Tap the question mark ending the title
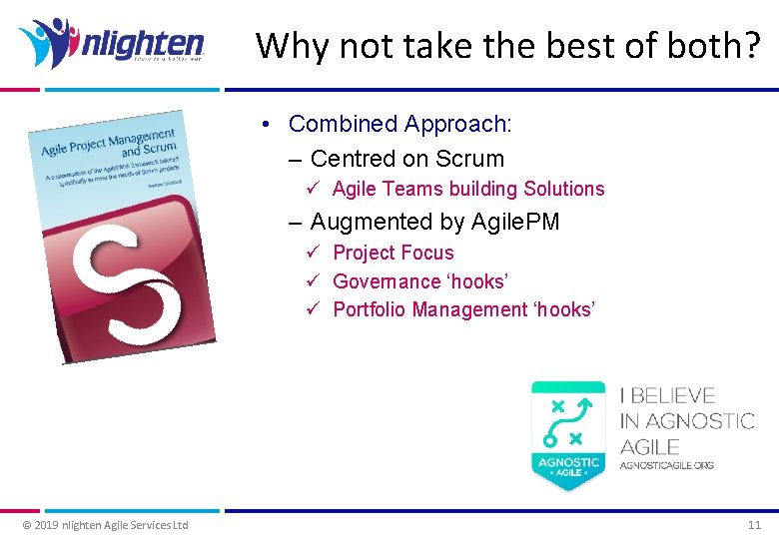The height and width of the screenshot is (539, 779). pyautogui.click(x=751, y=45)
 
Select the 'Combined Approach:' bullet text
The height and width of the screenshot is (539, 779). pyautogui.click(x=399, y=124)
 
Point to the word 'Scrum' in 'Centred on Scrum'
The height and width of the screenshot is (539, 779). pyautogui.click(x=471, y=158)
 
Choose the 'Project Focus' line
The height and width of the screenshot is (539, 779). pyautogui.click(x=392, y=253)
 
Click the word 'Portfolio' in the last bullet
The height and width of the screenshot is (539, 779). pyautogui.click(x=368, y=309)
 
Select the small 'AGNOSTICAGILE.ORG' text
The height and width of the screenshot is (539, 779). pyautogui.click(x=666, y=465)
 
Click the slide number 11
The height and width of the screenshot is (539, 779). pyautogui.click(x=754, y=525)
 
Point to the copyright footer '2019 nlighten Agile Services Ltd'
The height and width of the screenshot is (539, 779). pyautogui.click(x=105, y=525)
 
